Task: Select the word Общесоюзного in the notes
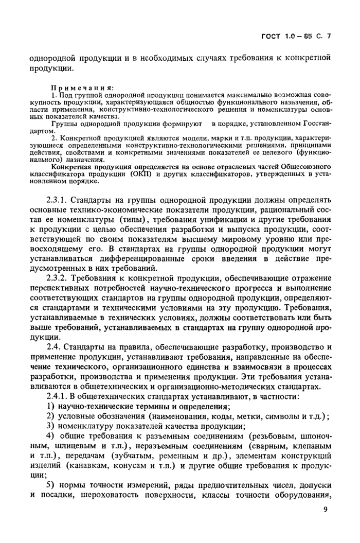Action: click(302, 167)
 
